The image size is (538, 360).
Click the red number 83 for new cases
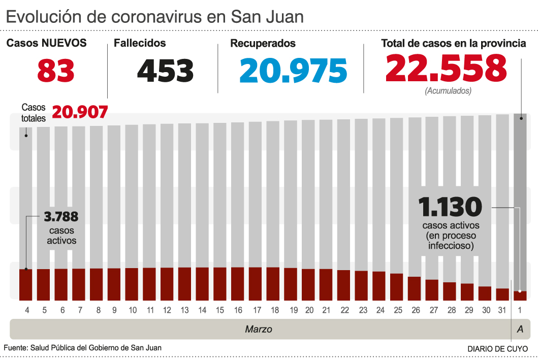(56, 71)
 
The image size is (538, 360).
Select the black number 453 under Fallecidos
(165, 71)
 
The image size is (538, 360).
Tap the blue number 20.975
(293, 71)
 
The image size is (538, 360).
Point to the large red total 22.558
(446, 68)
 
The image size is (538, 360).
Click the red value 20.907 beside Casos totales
(80, 112)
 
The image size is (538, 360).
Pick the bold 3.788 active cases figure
(61, 217)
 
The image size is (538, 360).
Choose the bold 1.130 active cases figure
(450, 207)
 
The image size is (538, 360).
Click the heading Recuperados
(263, 44)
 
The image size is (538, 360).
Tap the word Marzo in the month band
(259, 329)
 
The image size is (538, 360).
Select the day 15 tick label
(220, 310)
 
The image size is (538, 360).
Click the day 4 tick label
(26, 310)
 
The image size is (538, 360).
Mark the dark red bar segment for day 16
(238, 283)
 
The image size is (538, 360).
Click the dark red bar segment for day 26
(414, 288)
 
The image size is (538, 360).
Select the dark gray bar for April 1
(520, 203)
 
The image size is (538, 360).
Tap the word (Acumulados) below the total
(448, 91)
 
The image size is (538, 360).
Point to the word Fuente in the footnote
(15, 347)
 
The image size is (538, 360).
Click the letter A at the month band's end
(520, 329)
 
